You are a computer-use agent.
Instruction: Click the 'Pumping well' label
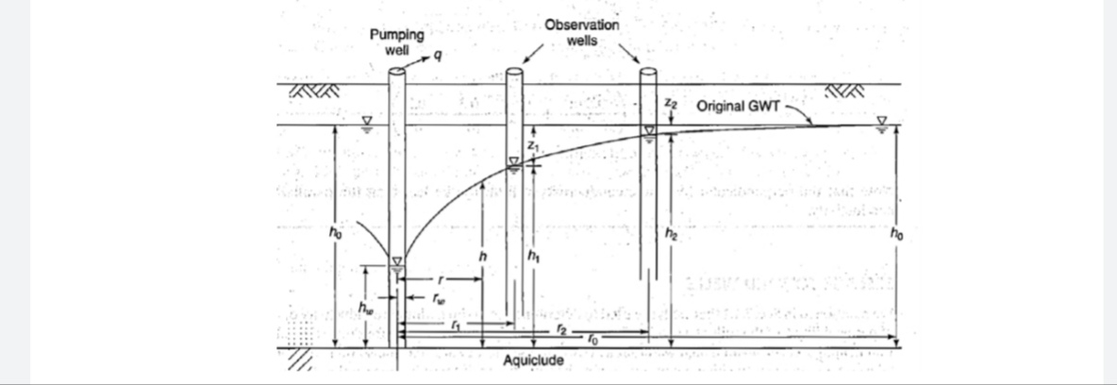coord(388,41)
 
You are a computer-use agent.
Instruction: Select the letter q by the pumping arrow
coord(440,59)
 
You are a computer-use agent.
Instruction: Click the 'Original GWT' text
coord(738,105)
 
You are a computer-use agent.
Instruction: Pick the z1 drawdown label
coord(532,147)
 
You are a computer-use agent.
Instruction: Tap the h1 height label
coord(536,255)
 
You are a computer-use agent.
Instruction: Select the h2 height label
coord(670,233)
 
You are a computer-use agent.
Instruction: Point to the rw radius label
coord(437,296)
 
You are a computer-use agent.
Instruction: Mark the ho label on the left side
coord(322,231)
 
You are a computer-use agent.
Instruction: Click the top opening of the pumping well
coord(397,71)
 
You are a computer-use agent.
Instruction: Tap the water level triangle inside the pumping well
coord(397,261)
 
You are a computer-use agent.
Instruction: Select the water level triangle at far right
coord(882,121)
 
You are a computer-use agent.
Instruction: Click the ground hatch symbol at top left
coord(312,91)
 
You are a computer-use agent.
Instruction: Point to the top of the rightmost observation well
coord(648,72)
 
